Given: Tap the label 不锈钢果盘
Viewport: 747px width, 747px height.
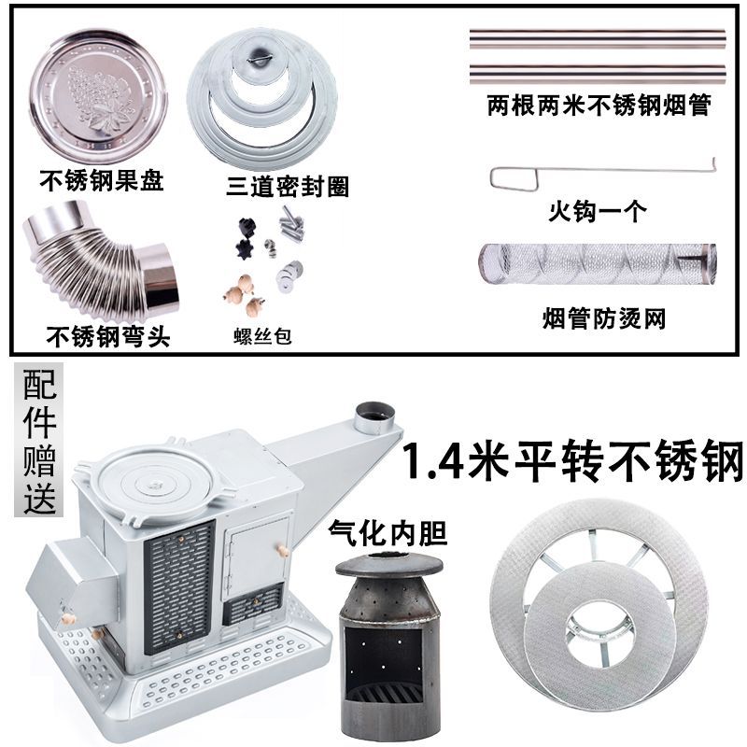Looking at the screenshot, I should [100, 177].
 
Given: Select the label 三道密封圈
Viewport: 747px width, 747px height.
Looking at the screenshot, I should [289, 186].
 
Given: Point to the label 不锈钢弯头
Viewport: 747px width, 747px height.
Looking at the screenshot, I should [107, 335].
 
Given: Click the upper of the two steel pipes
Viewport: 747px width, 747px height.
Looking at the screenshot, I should [598, 40].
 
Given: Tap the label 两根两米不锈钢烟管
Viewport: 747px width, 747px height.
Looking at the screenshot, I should [599, 106].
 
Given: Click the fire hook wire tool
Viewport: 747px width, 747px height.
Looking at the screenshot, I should [598, 176].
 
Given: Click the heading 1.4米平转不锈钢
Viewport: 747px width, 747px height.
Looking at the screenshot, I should [572, 459].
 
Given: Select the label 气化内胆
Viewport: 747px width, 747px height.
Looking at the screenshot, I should [388, 533].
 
